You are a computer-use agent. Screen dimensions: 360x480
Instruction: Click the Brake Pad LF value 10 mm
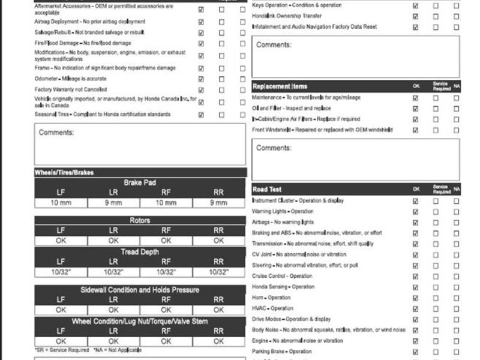[x=61, y=203]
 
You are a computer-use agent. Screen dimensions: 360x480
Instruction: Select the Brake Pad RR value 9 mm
[x=219, y=203]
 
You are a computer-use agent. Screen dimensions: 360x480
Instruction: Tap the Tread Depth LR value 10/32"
[x=113, y=272]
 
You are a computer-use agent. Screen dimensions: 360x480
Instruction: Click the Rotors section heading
[x=140, y=221]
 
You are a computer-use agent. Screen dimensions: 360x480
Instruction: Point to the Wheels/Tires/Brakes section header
[x=64, y=172]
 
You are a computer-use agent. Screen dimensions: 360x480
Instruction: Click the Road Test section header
[x=268, y=189]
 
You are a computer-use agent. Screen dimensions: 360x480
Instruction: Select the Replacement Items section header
[x=280, y=87]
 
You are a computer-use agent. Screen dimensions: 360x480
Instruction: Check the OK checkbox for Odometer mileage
[x=201, y=79]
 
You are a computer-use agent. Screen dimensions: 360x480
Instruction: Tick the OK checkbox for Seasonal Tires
[x=201, y=115]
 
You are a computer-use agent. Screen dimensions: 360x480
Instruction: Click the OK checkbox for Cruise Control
[x=415, y=276]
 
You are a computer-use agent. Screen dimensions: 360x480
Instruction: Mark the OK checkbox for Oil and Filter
[x=415, y=109]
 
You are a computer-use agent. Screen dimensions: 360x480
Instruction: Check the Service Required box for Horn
[x=436, y=298]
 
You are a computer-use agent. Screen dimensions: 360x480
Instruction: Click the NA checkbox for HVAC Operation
[x=456, y=308]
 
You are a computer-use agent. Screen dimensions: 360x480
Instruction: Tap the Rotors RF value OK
[x=166, y=241]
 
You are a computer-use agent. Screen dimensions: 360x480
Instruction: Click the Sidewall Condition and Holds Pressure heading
[x=140, y=290]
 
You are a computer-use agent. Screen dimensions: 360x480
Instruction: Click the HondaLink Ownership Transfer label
[x=287, y=16]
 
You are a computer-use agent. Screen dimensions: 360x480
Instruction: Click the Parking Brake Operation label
[x=281, y=352]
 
